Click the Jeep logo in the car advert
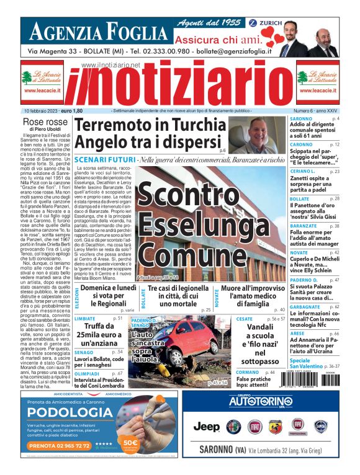point(206,426)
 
